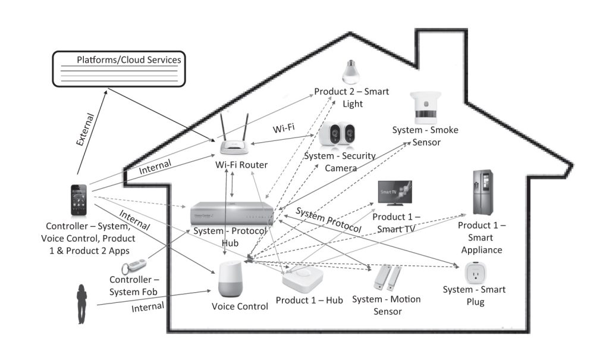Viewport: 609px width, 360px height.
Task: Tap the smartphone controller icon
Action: (x=79, y=201)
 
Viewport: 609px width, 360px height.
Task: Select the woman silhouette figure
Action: (x=81, y=304)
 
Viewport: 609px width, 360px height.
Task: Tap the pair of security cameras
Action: (x=337, y=136)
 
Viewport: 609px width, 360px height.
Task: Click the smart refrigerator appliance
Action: (x=482, y=192)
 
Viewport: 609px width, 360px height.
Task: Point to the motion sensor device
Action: (x=387, y=277)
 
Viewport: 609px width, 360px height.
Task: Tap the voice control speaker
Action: (x=231, y=280)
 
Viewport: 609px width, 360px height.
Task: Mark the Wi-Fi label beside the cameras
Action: (x=284, y=129)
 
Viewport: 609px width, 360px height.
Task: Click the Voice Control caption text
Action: (x=240, y=306)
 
